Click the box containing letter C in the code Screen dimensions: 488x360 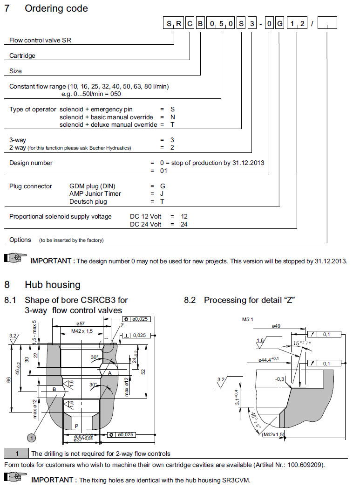(x=190, y=24)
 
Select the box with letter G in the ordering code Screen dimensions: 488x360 (x=279, y=24)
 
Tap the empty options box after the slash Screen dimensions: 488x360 (x=327, y=24)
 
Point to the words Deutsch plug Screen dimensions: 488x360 (x=88, y=202)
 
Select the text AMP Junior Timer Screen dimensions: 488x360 (x=95, y=194)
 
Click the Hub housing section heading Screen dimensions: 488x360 (x=52, y=284)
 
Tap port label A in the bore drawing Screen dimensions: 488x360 (x=110, y=373)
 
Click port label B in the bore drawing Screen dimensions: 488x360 (x=54, y=389)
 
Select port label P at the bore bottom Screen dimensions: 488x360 (x=76, y=426)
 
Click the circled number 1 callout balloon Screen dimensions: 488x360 (x=31, y=438)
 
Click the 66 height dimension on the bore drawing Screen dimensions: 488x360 (x=8, y=380)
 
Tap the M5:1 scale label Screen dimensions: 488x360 (x=248, y=320)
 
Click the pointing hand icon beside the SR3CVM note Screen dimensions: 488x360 (x=15, y=478)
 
